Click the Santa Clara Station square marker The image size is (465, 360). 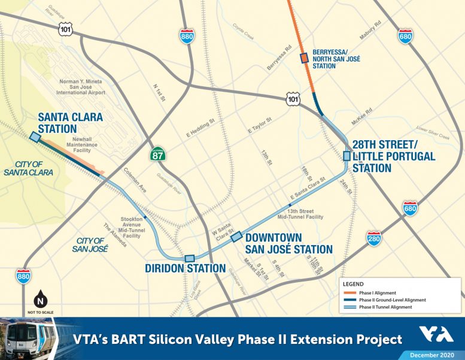point(35,138)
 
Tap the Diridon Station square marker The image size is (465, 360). point(190,258)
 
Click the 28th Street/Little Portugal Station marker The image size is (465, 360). point(347,156)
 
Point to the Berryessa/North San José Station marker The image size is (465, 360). point(303,58)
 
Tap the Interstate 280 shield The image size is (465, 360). point(374,238)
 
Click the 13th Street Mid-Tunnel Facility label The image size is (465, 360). point(305,214)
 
